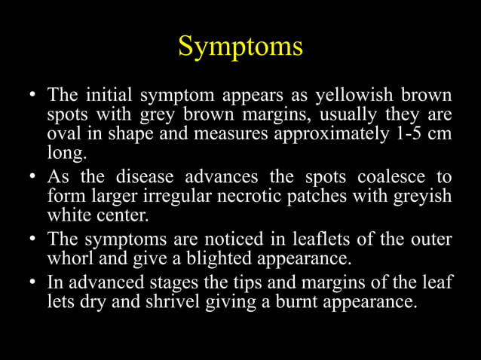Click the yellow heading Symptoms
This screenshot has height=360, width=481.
click(240, 47)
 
